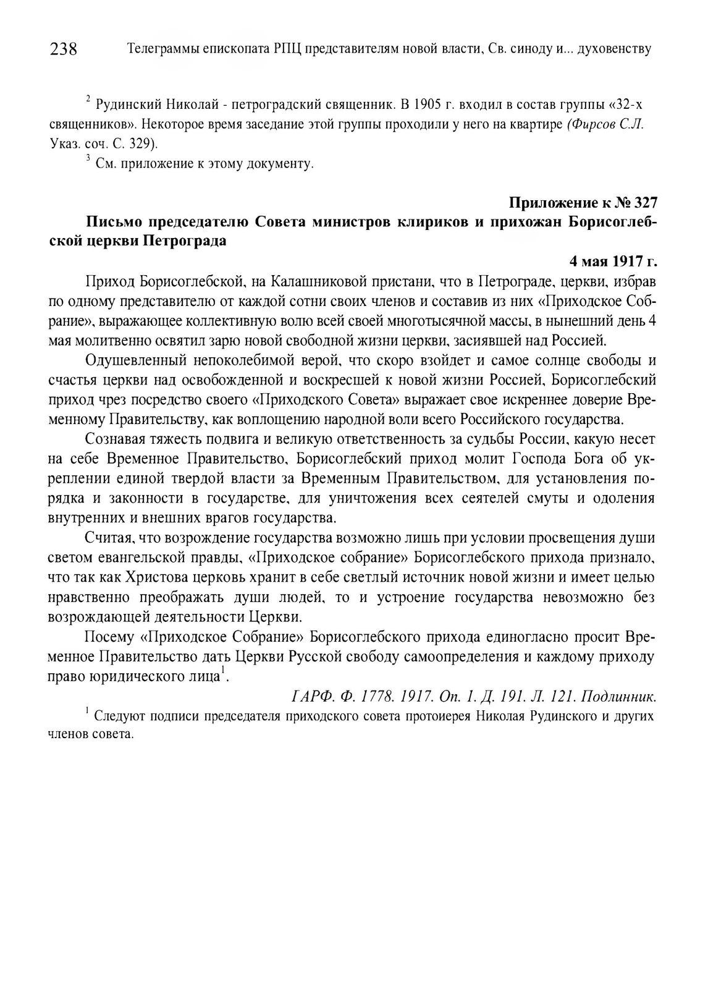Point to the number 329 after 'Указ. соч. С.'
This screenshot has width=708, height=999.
[x=138, y=143]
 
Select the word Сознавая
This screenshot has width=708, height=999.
[x=121, y=440]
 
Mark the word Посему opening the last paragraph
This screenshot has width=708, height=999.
[x=108, y=637]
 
